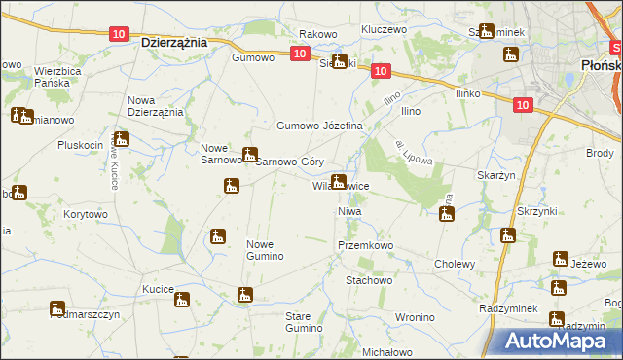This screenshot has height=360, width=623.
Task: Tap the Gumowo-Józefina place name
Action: (319, 126)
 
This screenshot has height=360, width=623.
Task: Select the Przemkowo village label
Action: (363, 246)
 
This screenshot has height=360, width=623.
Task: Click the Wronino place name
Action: (415, 317)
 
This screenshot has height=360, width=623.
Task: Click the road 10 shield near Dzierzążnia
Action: (118, 34)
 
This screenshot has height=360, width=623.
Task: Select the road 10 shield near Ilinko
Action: (523, 105)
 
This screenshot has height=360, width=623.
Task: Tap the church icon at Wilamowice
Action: (339, 180)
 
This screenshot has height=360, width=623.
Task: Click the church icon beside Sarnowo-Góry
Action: (250, 154)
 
